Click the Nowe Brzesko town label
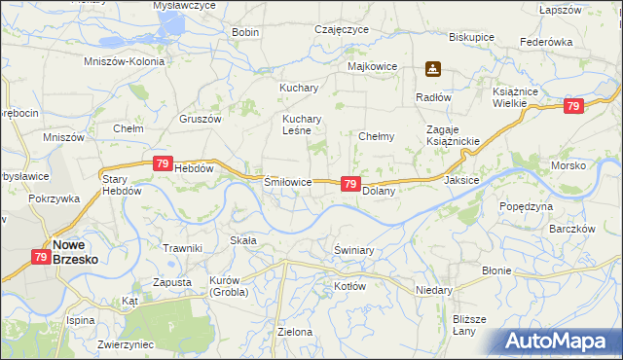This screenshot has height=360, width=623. (78, 253)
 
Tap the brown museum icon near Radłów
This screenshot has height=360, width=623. (433, 70)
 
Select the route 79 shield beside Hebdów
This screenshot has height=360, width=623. (162, 166)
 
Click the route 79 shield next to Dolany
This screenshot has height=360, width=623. (351, 184)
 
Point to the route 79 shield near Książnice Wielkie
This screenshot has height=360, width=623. (573, 106)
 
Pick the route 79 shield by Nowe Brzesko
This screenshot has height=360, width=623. (40, 258)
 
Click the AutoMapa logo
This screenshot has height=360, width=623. (562, 342)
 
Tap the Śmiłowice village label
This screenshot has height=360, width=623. (288, 182)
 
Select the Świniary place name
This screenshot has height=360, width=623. (354, 250)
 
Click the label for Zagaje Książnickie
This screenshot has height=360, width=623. (454, 135)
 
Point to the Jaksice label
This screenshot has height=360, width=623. (461, 180)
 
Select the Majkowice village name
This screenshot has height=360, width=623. (372, 67)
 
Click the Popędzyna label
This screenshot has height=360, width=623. (526, 206)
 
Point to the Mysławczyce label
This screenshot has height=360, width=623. (184, 6)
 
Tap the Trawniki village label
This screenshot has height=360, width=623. (182, 248)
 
